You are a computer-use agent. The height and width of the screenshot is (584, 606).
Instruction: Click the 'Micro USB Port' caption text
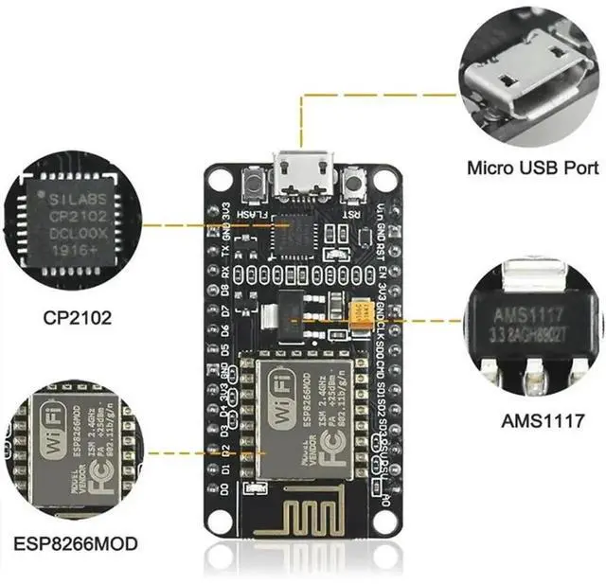coord(533,168)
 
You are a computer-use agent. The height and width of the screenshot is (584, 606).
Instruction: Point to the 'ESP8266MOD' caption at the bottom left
coord(76,543)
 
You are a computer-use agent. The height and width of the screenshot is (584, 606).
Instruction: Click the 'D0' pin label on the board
coord(226,491)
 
